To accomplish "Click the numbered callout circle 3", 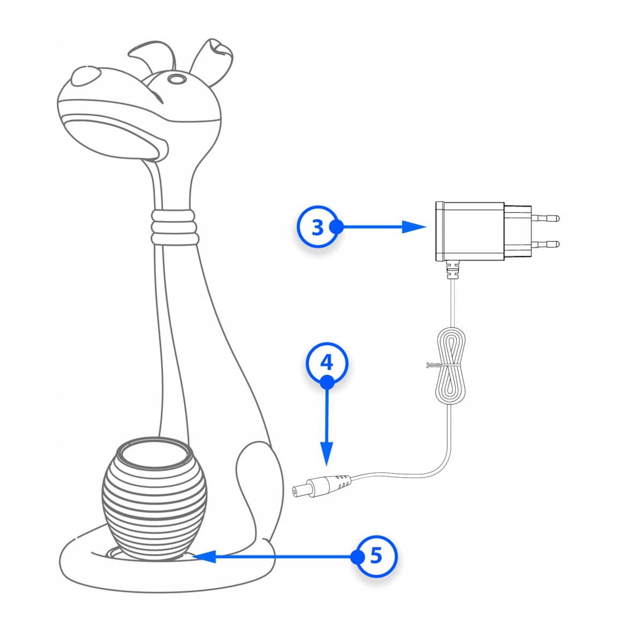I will (x=317, y=227).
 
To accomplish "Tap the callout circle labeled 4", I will (x=327, y=363).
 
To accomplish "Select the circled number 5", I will (x=376, y=556).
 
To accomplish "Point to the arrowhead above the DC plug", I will (x=327, y=453).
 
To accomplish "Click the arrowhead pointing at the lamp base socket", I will (x=204, y=557).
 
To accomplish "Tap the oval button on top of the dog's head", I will (x=175, y=80).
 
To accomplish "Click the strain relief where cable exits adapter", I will (x=453, y=270).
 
